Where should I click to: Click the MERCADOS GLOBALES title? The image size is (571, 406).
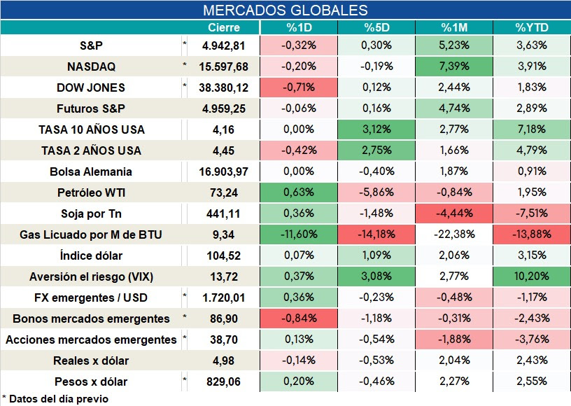[x=285, y=10]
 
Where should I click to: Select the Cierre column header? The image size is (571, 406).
[x=224, y=27]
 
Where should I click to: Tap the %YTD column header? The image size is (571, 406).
[x=532, y=27]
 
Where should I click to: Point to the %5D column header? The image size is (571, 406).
[x=376, y=27]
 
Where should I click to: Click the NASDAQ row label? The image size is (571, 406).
[x=91, y=66]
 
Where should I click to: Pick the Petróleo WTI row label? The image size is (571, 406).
[x=91, y=192]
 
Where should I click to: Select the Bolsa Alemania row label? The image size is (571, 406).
[x=91, y=171]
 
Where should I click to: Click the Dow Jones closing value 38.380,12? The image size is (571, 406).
[x=224, y=87]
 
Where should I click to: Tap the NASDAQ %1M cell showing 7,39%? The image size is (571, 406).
[x=454, y=66]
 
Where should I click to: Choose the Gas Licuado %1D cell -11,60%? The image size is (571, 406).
[x=299, y=234]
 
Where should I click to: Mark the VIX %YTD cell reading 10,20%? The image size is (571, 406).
[x=532, y=276]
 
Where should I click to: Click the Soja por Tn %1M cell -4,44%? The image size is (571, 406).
[x=454, y=213]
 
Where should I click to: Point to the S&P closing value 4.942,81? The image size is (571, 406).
[x=224, y=46]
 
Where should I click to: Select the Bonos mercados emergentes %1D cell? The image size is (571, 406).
[x=299, y=318]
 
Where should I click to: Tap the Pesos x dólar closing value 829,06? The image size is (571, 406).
[x=224, y=381]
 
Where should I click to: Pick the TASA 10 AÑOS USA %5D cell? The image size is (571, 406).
[x=376, y=129]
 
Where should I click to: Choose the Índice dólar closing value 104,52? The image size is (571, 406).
[x=224, y=255]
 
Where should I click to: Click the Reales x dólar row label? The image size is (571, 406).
[x=91, y=360]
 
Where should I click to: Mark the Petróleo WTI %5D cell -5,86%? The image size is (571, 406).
[x=376, y=192]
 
